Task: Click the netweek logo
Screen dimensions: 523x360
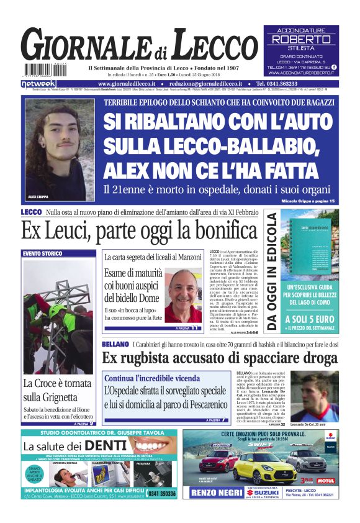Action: click(38, 83)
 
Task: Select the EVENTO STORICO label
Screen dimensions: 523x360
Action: click(43, 253)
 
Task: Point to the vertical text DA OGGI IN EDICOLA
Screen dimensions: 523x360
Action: click(272, 271)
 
